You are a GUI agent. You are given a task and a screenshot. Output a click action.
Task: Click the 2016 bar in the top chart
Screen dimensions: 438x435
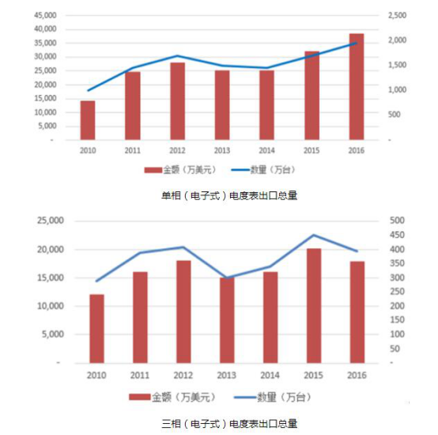point(357,87)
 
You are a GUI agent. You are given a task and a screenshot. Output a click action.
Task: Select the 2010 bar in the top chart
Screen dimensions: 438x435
point(88,120)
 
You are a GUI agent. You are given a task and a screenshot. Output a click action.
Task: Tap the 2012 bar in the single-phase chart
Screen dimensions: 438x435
point(177,101)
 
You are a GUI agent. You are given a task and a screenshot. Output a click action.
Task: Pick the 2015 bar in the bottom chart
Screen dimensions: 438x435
point(314,305)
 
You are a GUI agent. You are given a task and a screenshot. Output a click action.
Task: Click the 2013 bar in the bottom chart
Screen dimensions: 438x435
point(227,320)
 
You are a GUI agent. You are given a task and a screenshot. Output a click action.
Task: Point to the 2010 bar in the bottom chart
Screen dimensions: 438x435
point(96,328)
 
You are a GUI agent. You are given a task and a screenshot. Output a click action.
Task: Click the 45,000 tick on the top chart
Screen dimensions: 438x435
point(45,15)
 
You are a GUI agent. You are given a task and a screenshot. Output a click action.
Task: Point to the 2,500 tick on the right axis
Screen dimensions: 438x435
point(397,15)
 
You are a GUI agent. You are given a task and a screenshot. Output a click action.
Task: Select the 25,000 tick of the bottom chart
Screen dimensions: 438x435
point(51,221)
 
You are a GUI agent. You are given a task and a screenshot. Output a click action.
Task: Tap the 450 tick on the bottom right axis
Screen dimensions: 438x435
point(397,235)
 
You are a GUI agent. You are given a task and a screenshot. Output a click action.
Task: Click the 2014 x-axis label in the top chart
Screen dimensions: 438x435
point(266,150)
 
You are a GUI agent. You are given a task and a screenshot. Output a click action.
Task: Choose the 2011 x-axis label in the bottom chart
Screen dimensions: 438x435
point(140,375)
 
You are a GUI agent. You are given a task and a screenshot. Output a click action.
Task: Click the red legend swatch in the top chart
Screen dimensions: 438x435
point(153,170)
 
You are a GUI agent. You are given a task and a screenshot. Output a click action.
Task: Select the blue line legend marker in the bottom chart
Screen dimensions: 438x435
point(245,397)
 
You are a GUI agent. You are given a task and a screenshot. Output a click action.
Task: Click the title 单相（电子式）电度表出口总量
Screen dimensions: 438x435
point(229,195)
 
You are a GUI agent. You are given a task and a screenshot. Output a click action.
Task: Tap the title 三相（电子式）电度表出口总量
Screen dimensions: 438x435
point(229,424)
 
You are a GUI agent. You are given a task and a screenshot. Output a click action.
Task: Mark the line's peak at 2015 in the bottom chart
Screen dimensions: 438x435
point(314,235)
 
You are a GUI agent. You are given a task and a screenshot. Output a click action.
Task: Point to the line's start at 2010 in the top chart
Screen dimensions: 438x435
point(88,90)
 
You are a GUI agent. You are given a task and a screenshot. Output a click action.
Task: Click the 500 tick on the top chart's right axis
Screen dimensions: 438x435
point(394,115)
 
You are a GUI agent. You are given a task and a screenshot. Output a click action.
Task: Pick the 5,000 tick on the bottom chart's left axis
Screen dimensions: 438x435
point(52,335)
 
